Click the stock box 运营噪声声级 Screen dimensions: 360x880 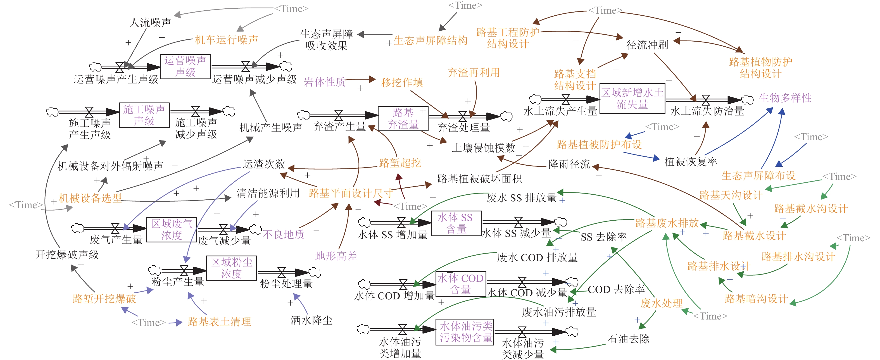pos(185,66)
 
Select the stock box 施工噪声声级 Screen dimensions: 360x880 pos(144,115)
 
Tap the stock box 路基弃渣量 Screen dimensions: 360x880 pos(403,118)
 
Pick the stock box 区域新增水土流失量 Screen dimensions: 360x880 pos(632,98)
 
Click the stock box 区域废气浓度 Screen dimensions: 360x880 pos(172,230)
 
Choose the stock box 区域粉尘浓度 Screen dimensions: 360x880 pos(231,268)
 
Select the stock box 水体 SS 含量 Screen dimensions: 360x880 pos(456,223)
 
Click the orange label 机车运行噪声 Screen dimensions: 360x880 pos(227,40)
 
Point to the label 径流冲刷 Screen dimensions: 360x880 pos(647,45)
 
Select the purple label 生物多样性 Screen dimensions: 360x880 pos(785,98)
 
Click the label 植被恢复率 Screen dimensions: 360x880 pos(690,161)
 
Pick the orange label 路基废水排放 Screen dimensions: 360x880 pos(667,223)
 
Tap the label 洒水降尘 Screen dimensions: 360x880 pos(311,320)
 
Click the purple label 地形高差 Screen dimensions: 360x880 pos(336,256)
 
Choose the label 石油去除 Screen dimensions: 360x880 pos(628,338)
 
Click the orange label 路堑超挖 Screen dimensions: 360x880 pos(400,163)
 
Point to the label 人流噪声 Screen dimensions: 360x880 pos(150,23)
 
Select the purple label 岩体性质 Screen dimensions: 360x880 pos(325,82)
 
